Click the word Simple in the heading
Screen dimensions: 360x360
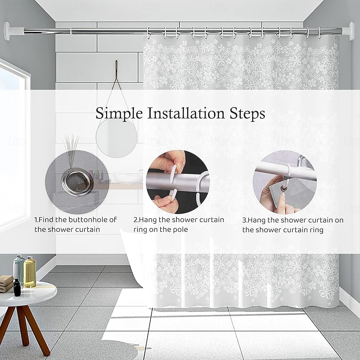(119, 114)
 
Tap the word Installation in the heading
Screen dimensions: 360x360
(186, 113)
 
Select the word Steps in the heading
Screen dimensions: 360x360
(247, 114)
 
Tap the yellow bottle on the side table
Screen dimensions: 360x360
(30, 272)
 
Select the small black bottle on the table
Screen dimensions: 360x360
(17, 288)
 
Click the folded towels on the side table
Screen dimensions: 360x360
(6, 283)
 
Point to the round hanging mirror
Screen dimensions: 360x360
(117, 138)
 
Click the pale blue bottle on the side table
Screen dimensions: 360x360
(18, 269)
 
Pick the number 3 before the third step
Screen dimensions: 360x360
(244, 220)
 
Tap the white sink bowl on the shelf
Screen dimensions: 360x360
(126, 177)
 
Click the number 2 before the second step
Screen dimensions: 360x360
(136, 220)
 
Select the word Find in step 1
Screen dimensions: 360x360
(46, 220)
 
